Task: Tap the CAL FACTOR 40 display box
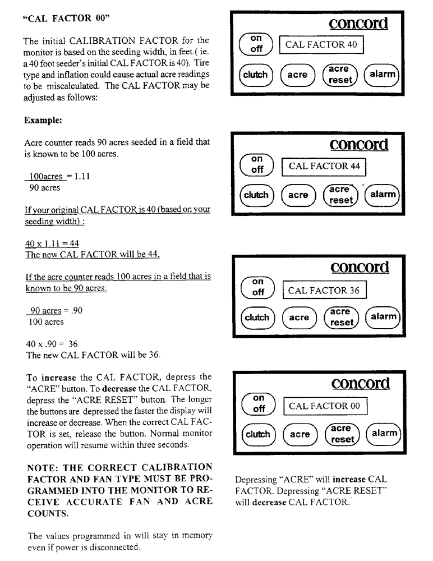323,45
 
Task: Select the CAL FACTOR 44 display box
324,167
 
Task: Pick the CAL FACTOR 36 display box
324,290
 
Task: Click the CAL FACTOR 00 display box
325,406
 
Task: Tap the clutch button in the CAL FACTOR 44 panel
256,195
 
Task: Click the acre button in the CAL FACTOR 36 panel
298,318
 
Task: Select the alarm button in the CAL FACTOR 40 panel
381,74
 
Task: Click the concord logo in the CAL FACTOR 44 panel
359,144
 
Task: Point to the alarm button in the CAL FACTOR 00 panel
383,434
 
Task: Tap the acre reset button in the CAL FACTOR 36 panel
340,317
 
